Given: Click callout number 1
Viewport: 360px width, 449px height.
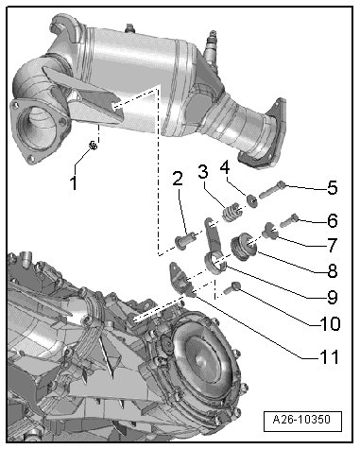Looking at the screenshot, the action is coord(74,183).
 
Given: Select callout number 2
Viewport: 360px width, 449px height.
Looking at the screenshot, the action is coord(178,180).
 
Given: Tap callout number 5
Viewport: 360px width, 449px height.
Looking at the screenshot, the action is coord(332,188).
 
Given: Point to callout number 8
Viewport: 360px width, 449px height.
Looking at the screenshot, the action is coord(333,271).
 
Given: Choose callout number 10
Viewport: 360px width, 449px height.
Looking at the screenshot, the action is coord(330,324).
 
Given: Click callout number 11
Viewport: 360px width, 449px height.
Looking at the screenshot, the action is coord(329,357).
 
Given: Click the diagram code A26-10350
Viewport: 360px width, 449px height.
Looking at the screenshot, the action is coord(301,420).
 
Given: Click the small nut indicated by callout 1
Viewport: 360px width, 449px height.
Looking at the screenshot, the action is coord(93,146).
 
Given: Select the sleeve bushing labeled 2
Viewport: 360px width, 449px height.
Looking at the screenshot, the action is coord(185,240).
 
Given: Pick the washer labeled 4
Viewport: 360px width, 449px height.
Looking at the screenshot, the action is coord(252,201).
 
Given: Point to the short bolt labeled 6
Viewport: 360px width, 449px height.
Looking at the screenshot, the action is coord(288,220).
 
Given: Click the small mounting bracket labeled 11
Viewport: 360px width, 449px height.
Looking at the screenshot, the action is coord(181,279).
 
